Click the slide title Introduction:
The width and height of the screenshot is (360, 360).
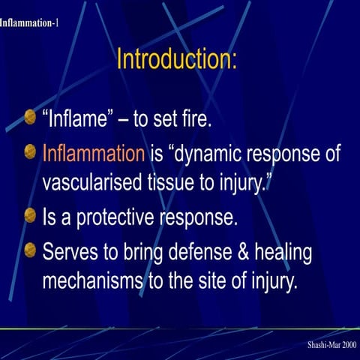(x=177, y=59)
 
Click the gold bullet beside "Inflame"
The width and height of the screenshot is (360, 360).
(x=30, y=117)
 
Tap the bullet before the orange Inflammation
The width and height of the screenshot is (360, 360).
(x=30, y=152)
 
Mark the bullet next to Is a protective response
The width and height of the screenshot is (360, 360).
(x=30, y=216)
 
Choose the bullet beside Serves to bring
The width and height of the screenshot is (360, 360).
(x=30, y=250)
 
